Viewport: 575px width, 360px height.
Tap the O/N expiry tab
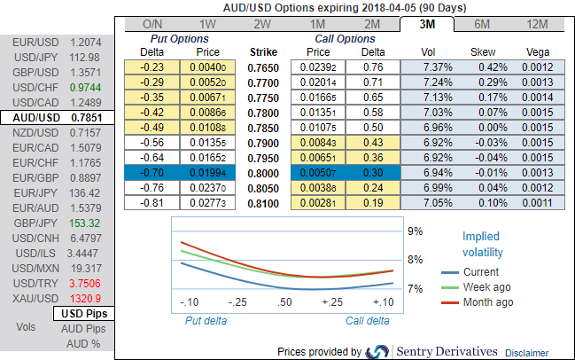pos(152,24)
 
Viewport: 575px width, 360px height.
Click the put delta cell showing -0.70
pos(153,173)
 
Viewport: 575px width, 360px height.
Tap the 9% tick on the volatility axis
pos(416,231)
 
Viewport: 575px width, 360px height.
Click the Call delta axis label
pos(366,321)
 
